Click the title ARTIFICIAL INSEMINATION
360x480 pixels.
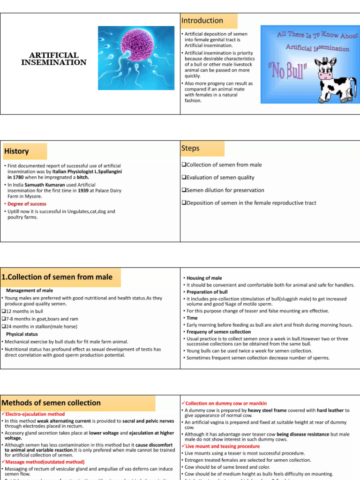[x=54, y=59]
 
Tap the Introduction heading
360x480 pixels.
[x=202, y=21]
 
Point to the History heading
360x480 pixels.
[x=17, y=151]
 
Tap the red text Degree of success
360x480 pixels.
[x=27, y=204]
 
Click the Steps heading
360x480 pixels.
[x=190, y=148]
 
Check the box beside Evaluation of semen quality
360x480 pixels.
[x=184, y=178]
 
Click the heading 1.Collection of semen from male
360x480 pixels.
[x=57, y=277]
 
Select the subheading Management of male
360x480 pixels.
[x=30, y=291]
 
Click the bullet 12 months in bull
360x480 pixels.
[x=24, y=311]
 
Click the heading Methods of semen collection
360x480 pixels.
[x=51, y=403]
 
